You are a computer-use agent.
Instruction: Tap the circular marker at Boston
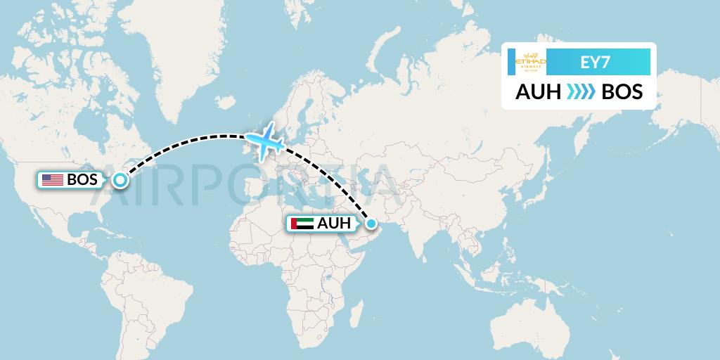click(x=120, y=181)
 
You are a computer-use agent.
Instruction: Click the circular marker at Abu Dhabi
click(x=371, y=224)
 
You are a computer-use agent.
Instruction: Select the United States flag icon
click(x=52, y=180)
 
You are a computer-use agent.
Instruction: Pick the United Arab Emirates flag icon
click(x=302, y=224)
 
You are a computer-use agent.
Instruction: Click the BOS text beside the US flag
click(x=82, y=180)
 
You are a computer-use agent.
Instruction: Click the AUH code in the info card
click(x=537, y=92)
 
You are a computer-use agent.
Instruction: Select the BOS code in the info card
click(x=622, y=92)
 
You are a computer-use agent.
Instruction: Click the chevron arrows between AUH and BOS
click(x=580, y=92)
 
